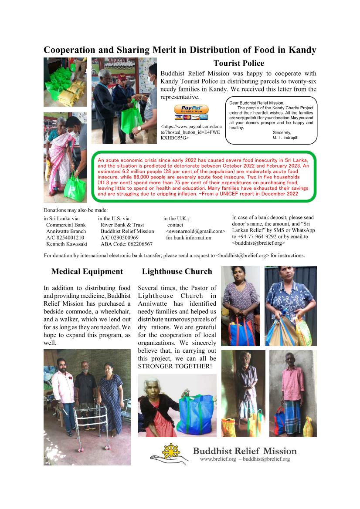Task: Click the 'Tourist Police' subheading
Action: [x=238, y=64]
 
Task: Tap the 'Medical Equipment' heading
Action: [x=87, y=272]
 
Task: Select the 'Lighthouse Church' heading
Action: [x=177, y=272]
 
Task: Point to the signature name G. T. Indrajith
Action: [x=285, y=138]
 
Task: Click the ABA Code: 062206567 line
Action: [x=126, y=244]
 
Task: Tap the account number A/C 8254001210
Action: [x=65, y=238]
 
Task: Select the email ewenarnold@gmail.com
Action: [x=196, y=231]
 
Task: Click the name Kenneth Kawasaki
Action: [x=67, y=244]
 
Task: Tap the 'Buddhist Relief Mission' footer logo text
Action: [x=245, y=451]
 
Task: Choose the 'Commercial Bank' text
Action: [x=66, y=225]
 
